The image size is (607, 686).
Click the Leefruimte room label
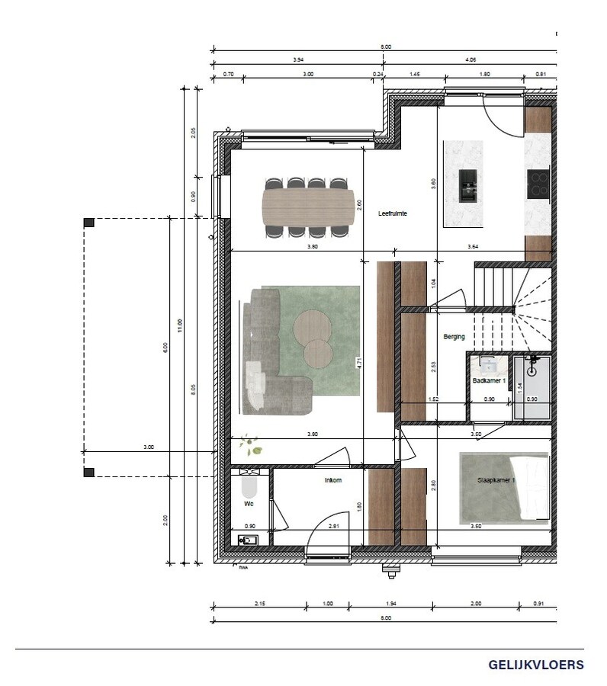point(393,214)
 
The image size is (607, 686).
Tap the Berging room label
point(454,336)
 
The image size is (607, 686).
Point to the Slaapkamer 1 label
point(496,481)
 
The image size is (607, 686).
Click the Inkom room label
point(333,480)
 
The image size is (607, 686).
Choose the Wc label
point(249,504)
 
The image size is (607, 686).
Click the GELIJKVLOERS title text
point(537,665)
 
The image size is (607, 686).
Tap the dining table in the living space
point(307,207)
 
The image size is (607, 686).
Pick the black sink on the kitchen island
point(468,185)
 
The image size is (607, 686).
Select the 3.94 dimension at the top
point(298,59)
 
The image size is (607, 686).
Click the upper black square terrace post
point(89,222)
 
